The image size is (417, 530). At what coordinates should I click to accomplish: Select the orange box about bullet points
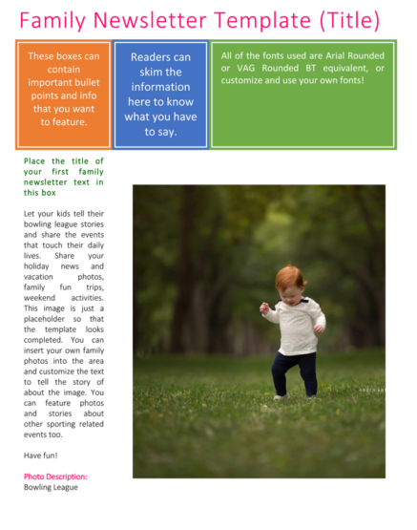click(63, 94)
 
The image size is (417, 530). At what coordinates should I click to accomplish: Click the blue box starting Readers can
click(160, 94)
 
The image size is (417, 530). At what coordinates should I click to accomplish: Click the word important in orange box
click(64, 82)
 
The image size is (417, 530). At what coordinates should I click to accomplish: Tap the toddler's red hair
click(289, 279)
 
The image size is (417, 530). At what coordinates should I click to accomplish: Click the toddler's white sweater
click(297, 325)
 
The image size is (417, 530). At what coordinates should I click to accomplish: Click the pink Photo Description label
click(55, 476)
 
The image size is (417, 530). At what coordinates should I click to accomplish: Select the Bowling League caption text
click(52, 487)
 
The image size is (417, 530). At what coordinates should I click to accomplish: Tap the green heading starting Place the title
click(64, 177)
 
